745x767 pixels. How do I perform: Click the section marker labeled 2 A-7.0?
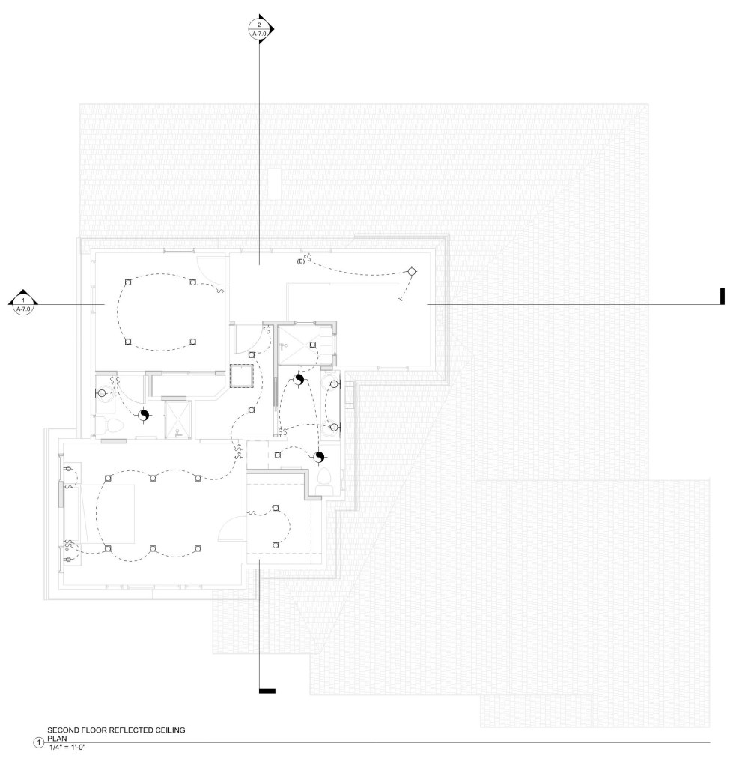click(x=260, y=29)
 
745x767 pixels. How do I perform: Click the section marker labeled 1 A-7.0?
click(x=23, y=304)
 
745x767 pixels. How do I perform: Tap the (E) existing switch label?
click(x=301, y=261)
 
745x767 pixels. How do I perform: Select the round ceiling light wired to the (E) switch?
click(x=412, y=271)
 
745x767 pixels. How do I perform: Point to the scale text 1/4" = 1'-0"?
click(x=68, y=747)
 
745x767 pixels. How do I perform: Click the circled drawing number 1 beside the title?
click(x=39, y=743)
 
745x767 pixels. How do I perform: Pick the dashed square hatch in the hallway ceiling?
click(x=242, y=376)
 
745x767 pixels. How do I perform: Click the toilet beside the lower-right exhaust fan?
click(x=324, y=480)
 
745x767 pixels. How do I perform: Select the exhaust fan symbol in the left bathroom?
click(x=143, y=415)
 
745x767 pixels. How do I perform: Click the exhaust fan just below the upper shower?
click(x=299, y=380)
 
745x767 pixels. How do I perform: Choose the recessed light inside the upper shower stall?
click(x=313, y=345)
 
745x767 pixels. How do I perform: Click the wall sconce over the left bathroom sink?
click(x=102, y=392)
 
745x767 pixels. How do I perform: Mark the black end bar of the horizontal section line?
click(x=722, y=297)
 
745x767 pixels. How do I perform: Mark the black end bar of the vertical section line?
click(x=267, y=691)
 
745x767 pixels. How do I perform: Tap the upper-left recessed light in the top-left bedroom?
click(x=128, y=282)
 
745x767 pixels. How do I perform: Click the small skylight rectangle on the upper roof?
click(x=274, y=184)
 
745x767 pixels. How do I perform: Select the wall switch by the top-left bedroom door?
click(x=220, y=291)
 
